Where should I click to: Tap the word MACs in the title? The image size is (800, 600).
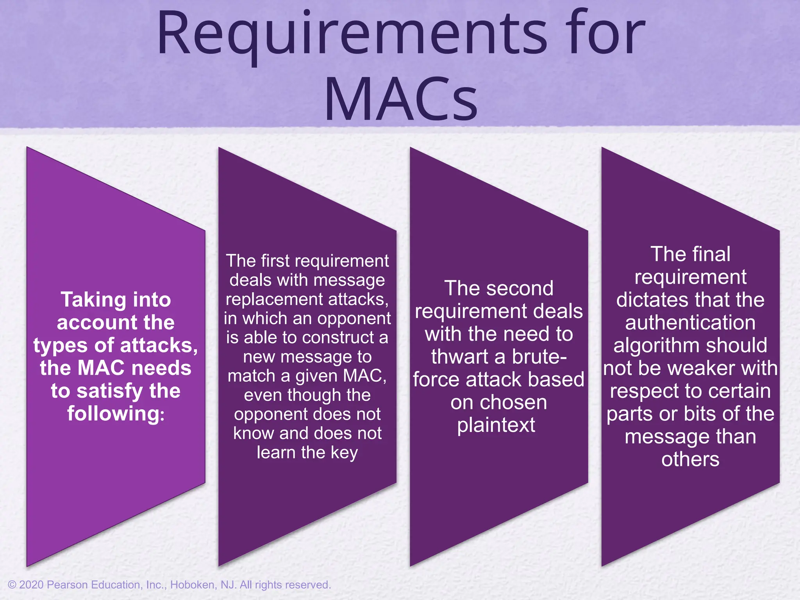tap(401, 100)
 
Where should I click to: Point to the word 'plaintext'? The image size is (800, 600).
tap(496, 425)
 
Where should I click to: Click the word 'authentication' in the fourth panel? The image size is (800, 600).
tap(690, 323)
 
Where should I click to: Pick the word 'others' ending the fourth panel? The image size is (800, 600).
tap(690, 459)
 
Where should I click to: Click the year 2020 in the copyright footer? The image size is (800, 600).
tap(31, 585)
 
